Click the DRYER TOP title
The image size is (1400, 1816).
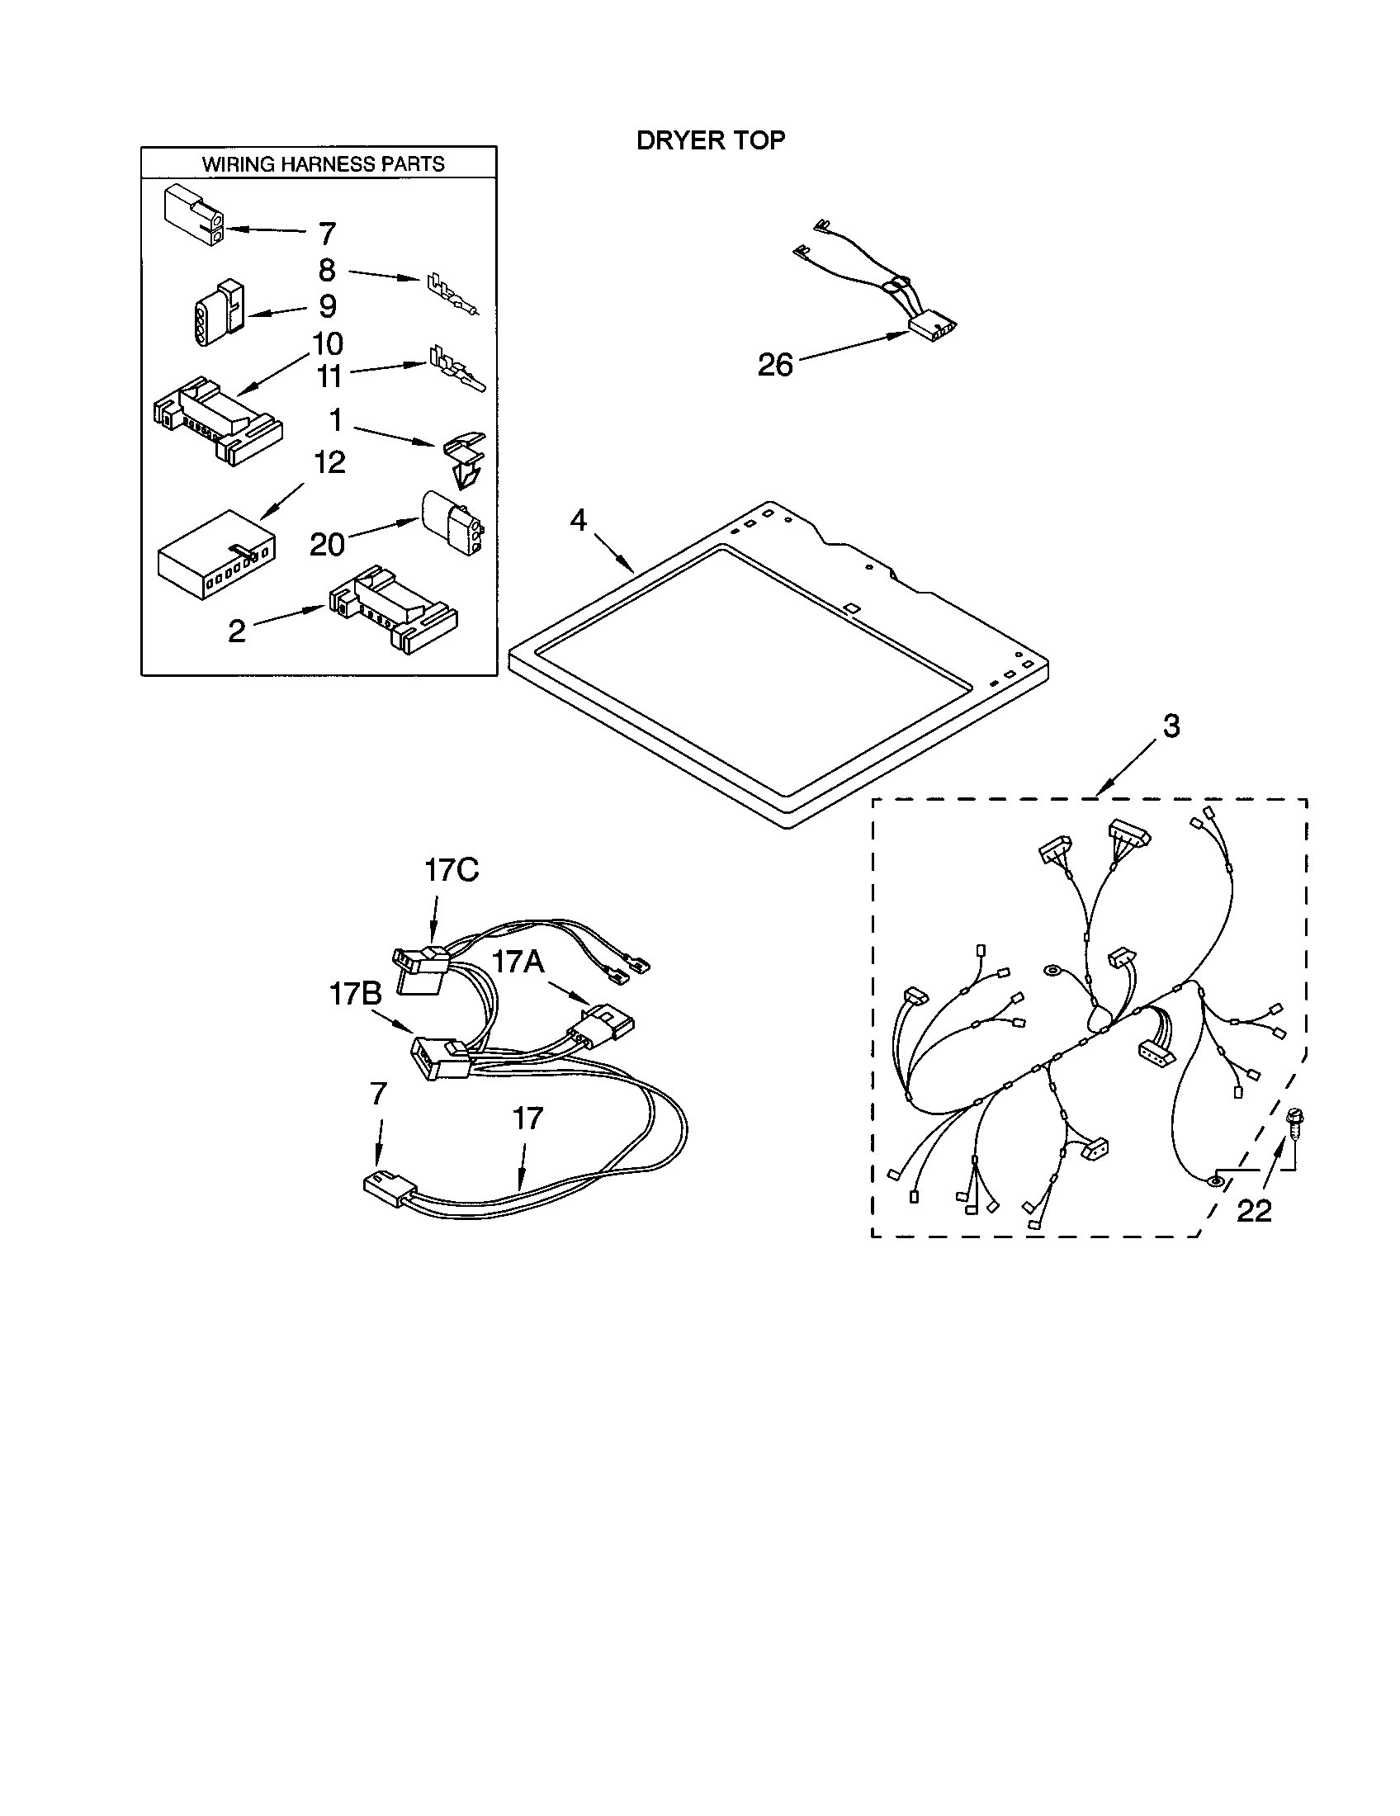(x=710, y=140)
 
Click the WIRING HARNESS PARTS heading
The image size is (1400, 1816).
(x=323, y=163)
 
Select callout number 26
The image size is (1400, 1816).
(x=775, y=365)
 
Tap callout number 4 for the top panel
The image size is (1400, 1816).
(x=578, y=522)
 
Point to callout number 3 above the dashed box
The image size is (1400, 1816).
(x=1171, y=726)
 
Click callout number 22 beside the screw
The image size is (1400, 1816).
(x=1254, y=1212)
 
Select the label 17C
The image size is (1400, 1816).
(x=452, y=871)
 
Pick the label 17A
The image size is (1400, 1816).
(x=517, y=961)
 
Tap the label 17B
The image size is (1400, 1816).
(x=355, y=993)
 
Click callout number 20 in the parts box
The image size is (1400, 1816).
(x=327, y=545)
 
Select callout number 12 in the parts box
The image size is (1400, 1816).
(x=329, y=462)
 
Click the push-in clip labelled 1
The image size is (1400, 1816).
(x=464, y=459)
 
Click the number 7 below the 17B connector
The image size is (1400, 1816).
(x=378, y=1095)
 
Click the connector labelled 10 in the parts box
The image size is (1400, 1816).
(x=218, y=421)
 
